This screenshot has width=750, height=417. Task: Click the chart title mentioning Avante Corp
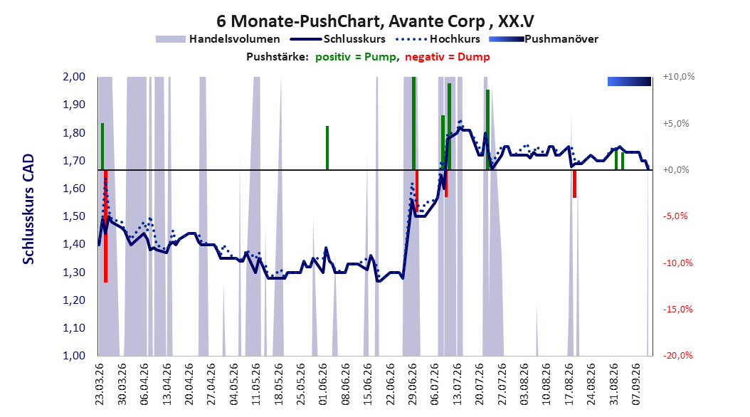(x=375, y=21)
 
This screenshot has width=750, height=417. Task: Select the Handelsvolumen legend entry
(x=218, y=39)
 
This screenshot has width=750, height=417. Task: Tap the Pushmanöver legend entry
(x=544, y=39)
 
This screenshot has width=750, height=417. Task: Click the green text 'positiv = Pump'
(x=355, y=57)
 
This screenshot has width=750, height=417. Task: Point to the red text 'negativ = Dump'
(x=448, y=57)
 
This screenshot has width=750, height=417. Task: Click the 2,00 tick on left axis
(x=74, y=77)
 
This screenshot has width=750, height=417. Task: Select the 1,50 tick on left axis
(x=74, y=216)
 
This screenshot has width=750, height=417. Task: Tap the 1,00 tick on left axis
(x=74, y=355)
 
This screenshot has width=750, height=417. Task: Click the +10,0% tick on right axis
(x=679, y=77)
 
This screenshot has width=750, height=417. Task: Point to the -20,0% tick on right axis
(x=677, y=355)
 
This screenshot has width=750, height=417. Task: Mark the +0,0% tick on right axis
(x=676, y=170)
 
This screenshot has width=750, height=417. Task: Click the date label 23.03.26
(x=100, y=384)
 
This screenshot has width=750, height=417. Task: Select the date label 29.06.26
(x=413, y=384)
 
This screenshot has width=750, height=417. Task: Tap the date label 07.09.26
(x=637, y=384)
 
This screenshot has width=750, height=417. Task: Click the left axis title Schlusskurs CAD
(x=28, y=209)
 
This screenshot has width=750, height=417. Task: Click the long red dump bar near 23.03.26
(x=106, y=226)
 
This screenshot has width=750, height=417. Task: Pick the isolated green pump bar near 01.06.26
(x=327, y=148)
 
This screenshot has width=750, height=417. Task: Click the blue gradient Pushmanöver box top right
(x=629, y=81)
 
